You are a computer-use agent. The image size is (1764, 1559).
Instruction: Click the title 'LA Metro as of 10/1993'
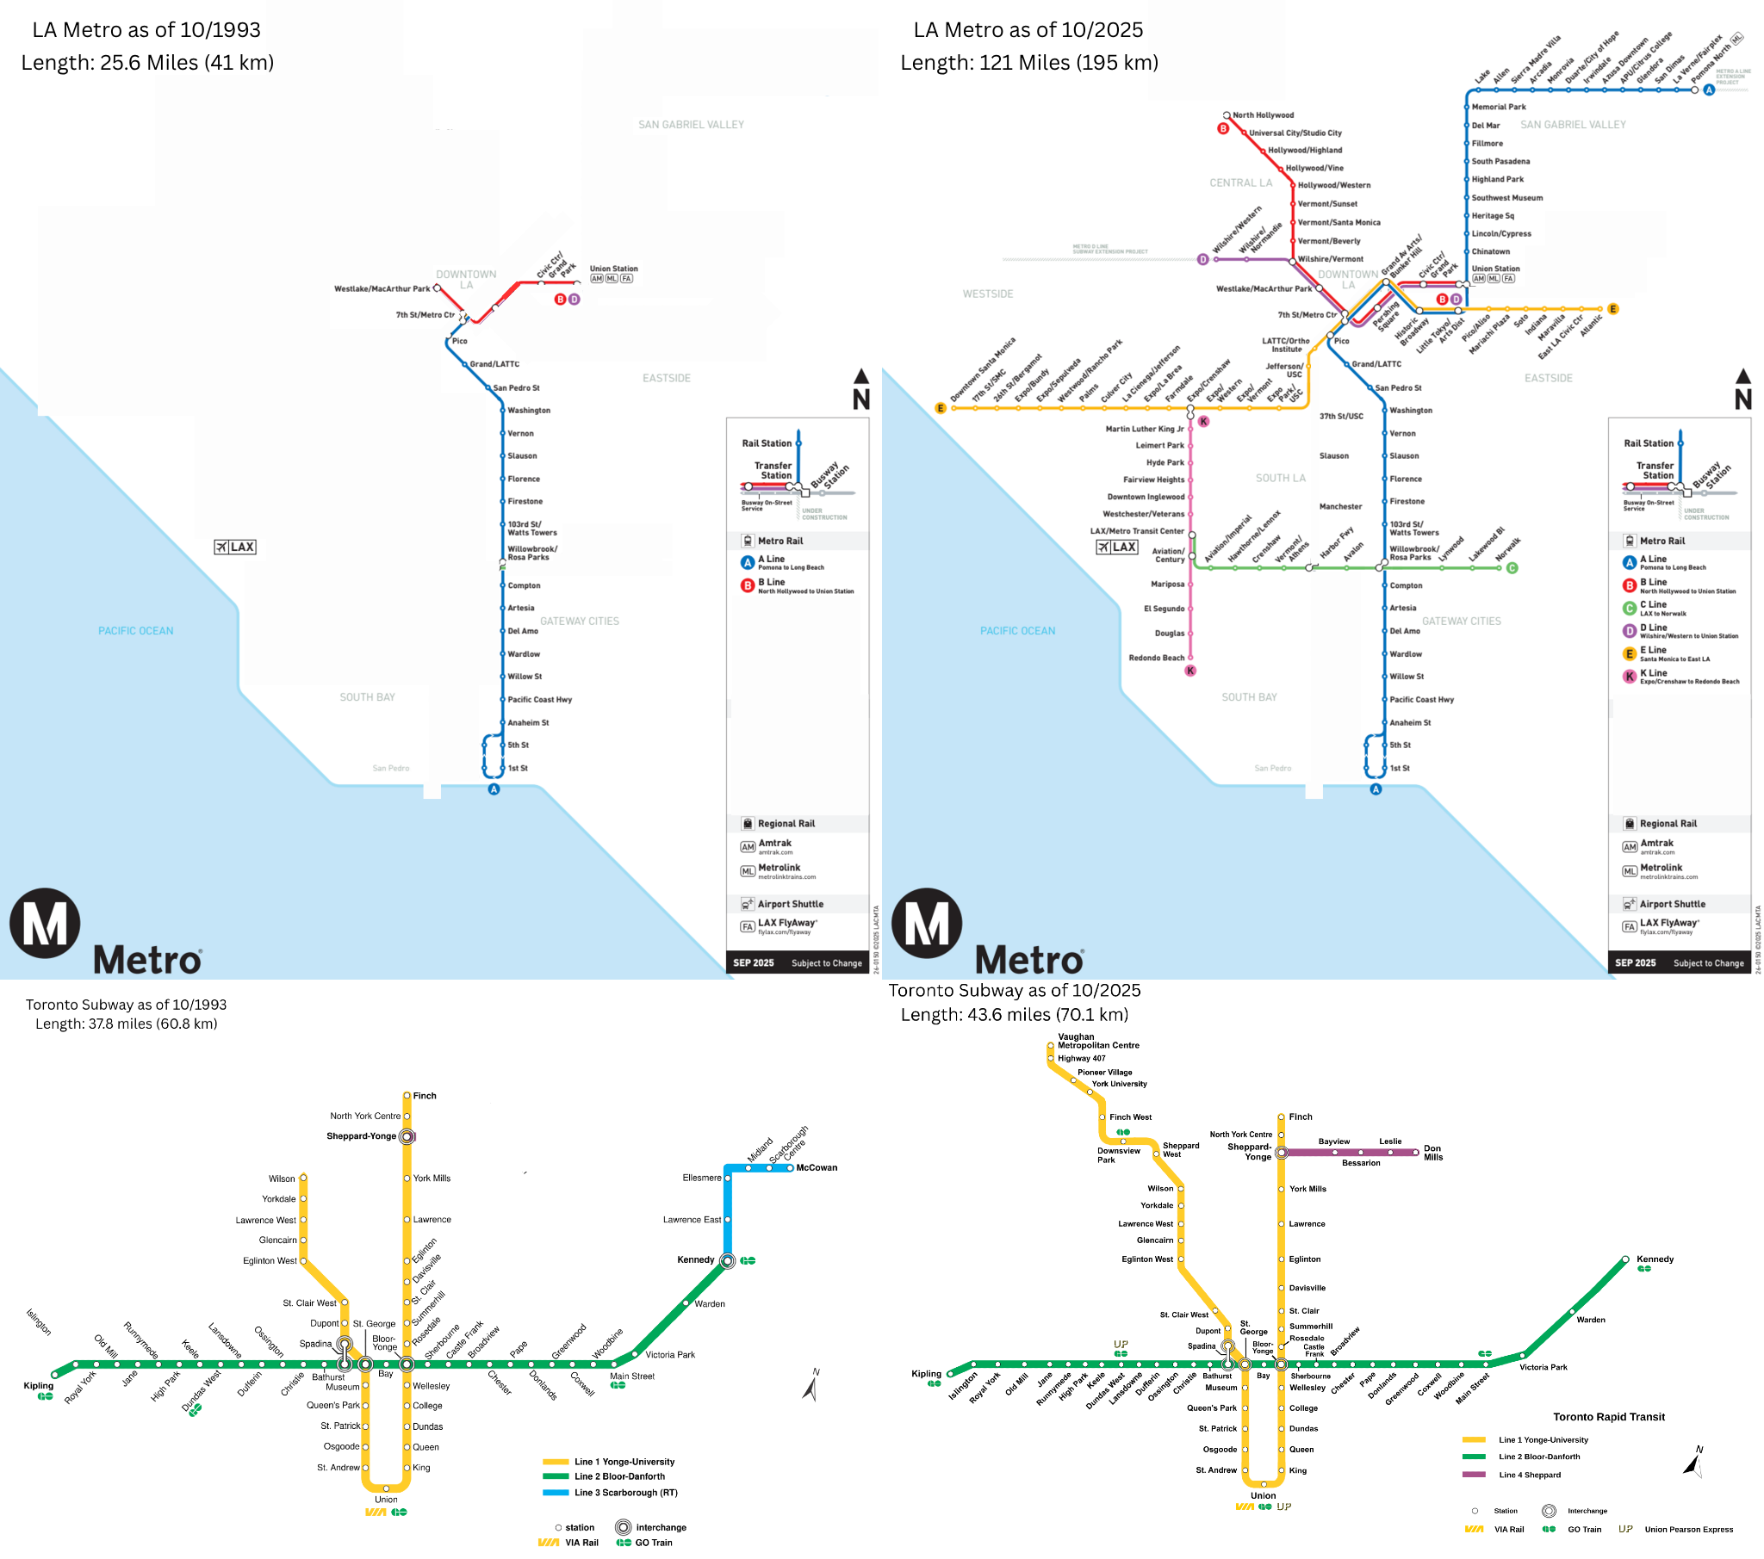point(146,30)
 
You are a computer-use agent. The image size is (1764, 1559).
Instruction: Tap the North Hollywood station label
point(1263,114)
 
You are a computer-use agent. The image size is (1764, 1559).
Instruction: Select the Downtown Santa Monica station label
point(982,370)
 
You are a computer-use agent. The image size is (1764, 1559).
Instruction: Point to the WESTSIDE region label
point(987,294)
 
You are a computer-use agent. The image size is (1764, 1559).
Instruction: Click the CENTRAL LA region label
point(1240,183)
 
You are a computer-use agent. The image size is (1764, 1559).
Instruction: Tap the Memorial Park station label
point(1498,107)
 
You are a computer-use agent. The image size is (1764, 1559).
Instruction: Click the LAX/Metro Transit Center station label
point(1137,531)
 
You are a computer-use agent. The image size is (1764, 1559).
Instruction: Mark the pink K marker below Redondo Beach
point(1190,671)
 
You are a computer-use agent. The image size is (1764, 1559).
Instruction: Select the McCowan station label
point(817,1167)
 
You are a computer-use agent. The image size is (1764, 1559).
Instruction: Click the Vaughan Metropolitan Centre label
point(1097,1041)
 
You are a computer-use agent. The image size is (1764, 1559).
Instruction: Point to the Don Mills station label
point(1432,1153)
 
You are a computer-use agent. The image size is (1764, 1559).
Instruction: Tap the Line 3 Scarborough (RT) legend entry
point(625,1492)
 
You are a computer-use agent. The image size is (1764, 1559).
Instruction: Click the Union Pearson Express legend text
point(1688,1529)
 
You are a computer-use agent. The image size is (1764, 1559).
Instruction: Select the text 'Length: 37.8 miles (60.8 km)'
point(126,1024)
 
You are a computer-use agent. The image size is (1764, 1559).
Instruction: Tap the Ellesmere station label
point(702,1178)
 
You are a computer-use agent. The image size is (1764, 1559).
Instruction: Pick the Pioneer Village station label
point(1105,1072)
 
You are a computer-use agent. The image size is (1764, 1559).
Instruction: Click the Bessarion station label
point(1361,1163)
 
